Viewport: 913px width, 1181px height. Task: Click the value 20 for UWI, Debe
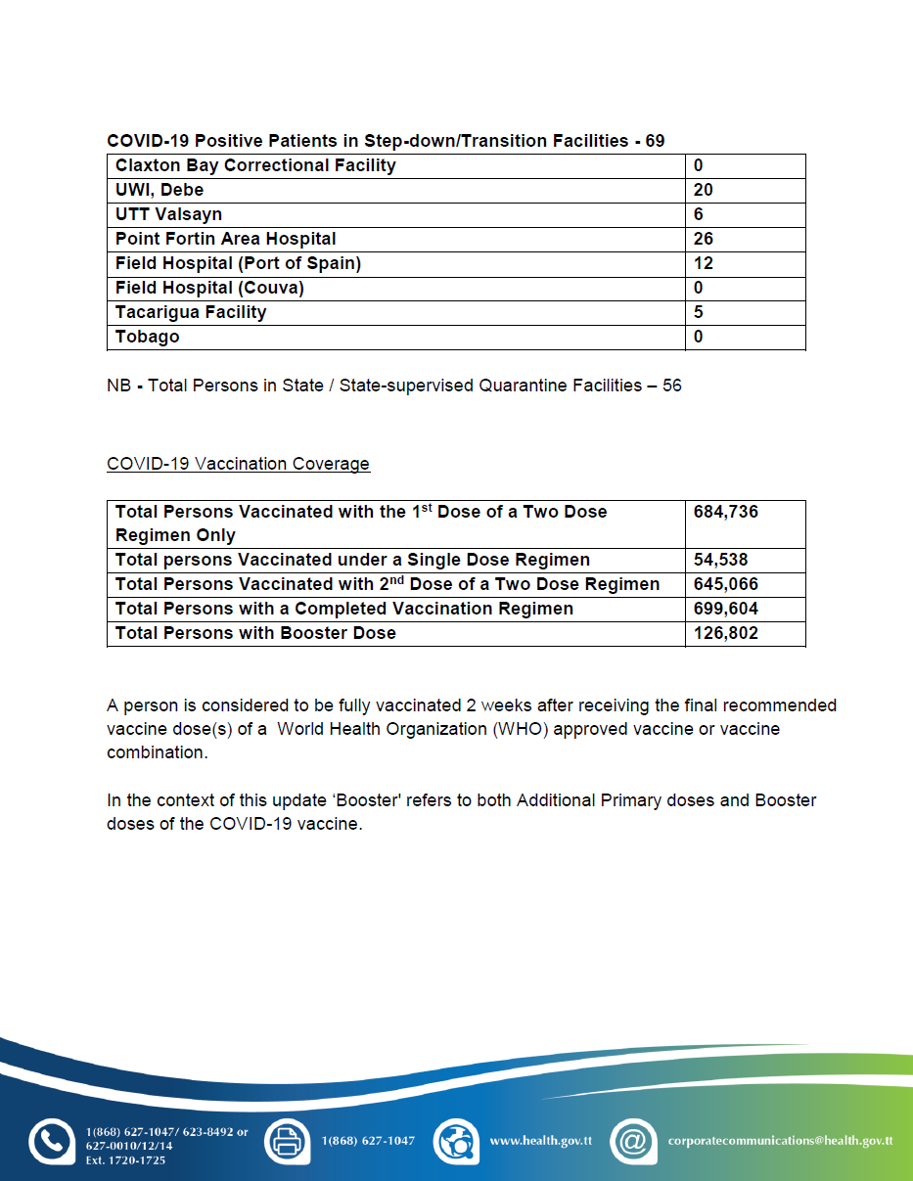pos(703,190)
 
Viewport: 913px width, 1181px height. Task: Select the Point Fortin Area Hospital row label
pos(225,239)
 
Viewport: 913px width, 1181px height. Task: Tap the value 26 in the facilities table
pos(703,239)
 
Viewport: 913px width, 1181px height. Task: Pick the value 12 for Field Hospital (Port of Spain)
pos(703,263)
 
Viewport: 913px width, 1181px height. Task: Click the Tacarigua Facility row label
pos(191,312)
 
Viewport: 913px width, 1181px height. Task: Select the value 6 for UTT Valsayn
pos(699,214)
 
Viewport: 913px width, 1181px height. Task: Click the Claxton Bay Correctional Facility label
pos(255,165)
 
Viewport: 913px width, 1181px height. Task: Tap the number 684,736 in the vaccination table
pos(725,512)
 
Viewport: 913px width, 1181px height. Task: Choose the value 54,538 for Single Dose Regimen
pos(721,560)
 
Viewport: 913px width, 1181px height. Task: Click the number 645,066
pos(725,584)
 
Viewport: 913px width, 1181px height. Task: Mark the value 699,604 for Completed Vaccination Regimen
pos(725,609)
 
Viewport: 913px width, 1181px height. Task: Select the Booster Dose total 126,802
pos(725,633)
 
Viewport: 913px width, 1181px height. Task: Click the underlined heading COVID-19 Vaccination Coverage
pos(238,464)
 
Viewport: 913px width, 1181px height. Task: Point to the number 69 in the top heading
pos(655,141)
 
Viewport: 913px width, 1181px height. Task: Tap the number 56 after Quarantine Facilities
pos(671,386)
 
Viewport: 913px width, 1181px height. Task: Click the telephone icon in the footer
pos(52,1142)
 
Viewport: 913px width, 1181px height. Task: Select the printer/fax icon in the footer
pos(288,1142)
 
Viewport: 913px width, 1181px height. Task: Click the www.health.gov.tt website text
pos(540,1141)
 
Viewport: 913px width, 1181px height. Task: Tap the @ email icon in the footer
pos(633,1142)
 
